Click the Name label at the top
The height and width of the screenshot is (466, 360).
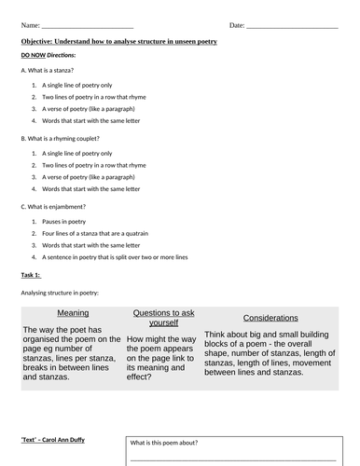coord(29,23)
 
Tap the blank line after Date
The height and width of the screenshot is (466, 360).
coord(289,24)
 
